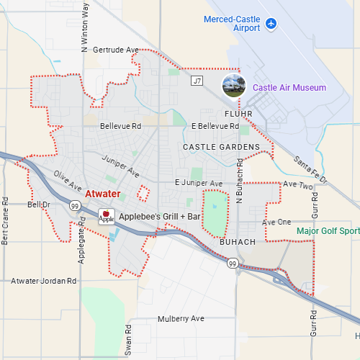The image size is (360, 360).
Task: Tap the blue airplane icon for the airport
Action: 271,24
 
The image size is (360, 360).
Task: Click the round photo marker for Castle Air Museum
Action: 233,85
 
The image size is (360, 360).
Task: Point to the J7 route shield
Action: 197,81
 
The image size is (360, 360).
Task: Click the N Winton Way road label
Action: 86,27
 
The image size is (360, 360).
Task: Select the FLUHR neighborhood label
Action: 240,114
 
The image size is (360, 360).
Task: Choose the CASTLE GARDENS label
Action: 221,147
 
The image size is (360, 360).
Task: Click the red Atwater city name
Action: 103,194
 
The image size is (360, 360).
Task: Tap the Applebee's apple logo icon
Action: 106,216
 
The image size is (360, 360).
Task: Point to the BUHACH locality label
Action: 237,242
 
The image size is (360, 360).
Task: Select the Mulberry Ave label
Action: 181,318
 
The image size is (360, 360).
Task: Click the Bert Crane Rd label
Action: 5,220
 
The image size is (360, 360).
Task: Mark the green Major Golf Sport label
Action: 328,231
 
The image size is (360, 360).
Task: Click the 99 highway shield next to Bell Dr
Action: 75,206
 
